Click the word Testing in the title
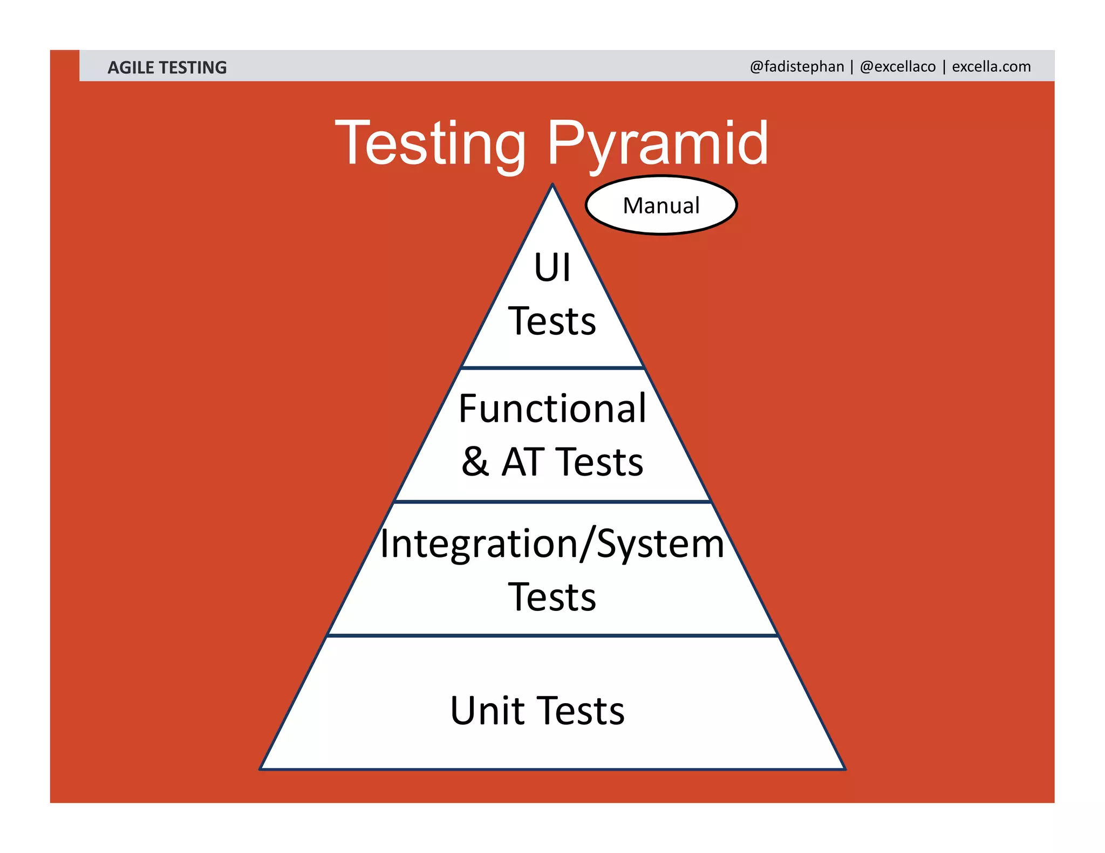(430, 143)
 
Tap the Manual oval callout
(661, 205)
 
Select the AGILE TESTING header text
(167, 67)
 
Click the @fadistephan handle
(796, 66)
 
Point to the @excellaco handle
(898, 66)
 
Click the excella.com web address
(991, 66)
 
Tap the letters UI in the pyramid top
(552, 267)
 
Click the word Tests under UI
(552, 321)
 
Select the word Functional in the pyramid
(552, 408)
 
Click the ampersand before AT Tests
(475, 462)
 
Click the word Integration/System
(552, 544)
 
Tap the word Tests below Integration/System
(552, 597)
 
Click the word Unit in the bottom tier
(487, 711)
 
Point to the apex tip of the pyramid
(552, 185)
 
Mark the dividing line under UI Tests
(552, 368)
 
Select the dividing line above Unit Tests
(552, 636)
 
